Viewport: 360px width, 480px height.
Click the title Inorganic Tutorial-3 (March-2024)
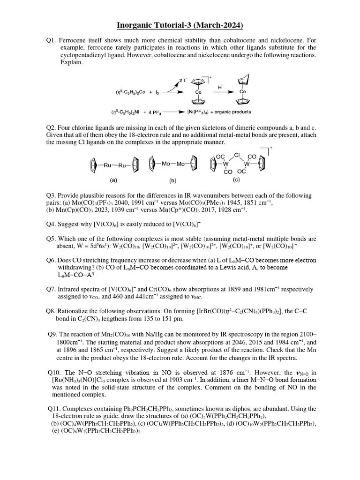coord(180,24)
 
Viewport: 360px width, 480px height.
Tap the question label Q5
coord(52,239)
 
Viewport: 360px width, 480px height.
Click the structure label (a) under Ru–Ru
coord(113,179)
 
